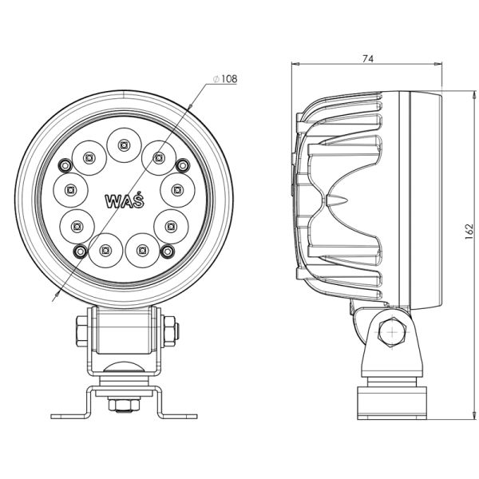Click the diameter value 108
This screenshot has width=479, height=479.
click(228, 78)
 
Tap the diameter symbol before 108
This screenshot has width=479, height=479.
click(216, 79)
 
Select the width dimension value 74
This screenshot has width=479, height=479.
click(367, 58)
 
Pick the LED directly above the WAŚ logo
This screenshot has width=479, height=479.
click(124, 144)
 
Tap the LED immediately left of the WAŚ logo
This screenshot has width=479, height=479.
click(71, 190)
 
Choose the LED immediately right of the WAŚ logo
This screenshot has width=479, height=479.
click(176, 190)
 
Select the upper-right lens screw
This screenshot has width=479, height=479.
click(184, 165)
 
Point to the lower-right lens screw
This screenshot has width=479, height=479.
click(168, 251)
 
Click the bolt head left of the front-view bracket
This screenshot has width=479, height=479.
click(81, 329)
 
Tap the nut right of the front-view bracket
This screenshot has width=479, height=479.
click(170, 329)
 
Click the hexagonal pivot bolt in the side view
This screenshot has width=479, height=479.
click(391, 331)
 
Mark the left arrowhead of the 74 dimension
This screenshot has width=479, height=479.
click(295, 66)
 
